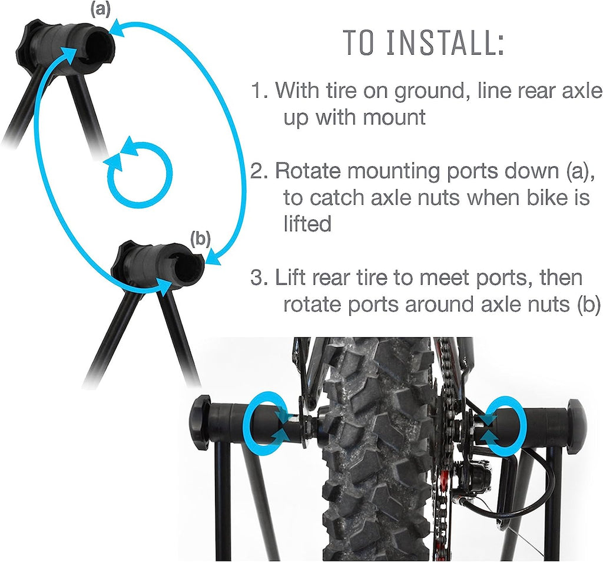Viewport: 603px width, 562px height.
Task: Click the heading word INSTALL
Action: coord(447,42)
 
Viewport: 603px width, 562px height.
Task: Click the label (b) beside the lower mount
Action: coord(201,239)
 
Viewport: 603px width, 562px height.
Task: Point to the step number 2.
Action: coord(259,172)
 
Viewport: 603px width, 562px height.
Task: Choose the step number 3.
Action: coord(259,277)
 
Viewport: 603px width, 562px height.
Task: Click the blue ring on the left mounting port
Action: coord(268,425)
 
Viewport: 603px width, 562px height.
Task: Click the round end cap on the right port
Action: coord(575,422)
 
